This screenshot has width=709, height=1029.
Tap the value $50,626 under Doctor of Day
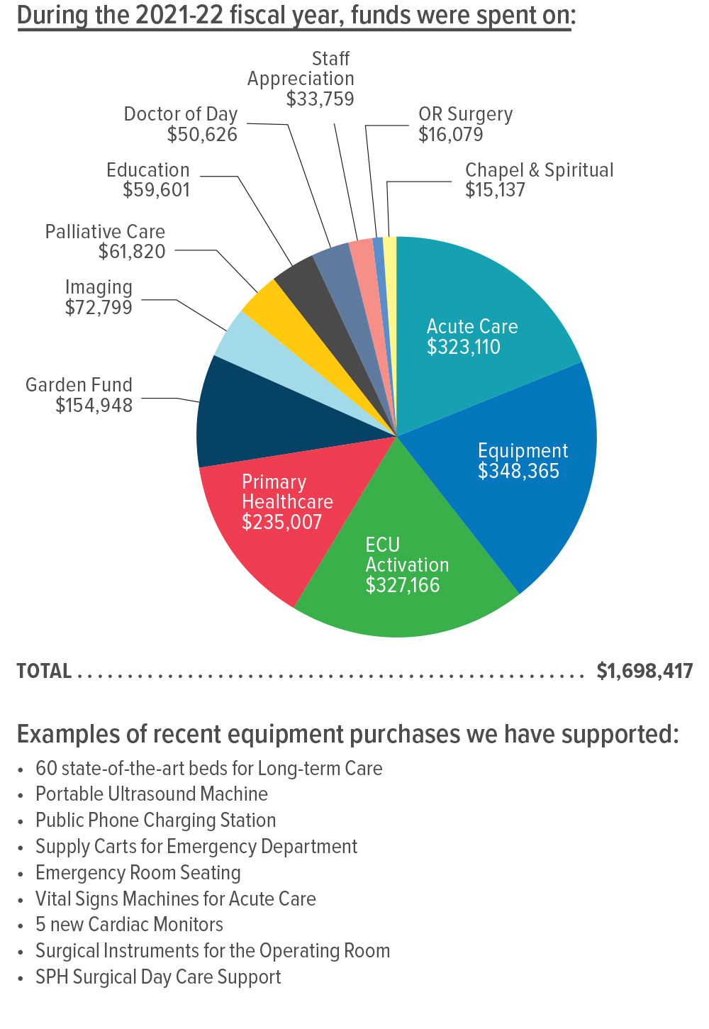(202, 135)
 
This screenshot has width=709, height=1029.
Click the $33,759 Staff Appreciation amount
(320, 99)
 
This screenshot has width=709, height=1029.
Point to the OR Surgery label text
(465, 114)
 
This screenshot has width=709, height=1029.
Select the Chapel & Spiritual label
(539, 170)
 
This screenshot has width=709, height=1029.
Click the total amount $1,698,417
(644, 671)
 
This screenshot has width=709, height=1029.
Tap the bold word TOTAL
(44, 671)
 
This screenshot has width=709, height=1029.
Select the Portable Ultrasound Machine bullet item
(152, 794)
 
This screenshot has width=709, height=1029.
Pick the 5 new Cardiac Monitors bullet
(129, 925)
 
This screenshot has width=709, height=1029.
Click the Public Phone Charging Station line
(155, 821)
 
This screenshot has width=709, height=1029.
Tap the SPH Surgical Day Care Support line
(158, 977)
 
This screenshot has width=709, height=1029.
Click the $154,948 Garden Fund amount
(94, 406)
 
